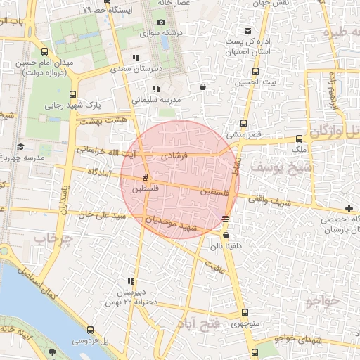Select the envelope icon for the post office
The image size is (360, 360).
click(x=247, y=30)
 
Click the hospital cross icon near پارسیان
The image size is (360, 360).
click(x=349, y=208)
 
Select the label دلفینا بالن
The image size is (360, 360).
click(x=224, y=246)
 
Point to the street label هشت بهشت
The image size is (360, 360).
click(x=98, y=121)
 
